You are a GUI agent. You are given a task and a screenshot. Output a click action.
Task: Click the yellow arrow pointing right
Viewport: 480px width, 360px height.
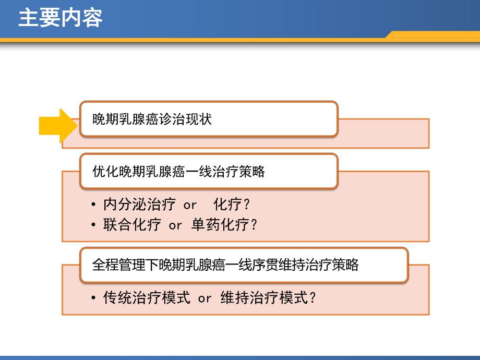pos(58,126)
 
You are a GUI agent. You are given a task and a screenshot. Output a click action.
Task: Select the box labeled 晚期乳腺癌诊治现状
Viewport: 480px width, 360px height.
pos(209,119)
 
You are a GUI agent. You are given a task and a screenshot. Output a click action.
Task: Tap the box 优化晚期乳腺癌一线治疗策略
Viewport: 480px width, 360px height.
pos(209,171)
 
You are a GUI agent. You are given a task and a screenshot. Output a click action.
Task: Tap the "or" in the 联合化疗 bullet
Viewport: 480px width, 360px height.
pos(175,226)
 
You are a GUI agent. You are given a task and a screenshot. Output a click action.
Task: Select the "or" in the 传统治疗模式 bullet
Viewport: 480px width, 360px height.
pos(205,299)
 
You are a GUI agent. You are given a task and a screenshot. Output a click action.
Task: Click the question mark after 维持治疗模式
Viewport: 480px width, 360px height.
pos(313,298)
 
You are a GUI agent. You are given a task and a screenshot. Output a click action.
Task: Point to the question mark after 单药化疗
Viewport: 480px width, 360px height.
pos(254,225)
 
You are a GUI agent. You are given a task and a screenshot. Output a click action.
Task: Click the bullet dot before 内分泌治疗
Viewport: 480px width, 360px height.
pos(93,204)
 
